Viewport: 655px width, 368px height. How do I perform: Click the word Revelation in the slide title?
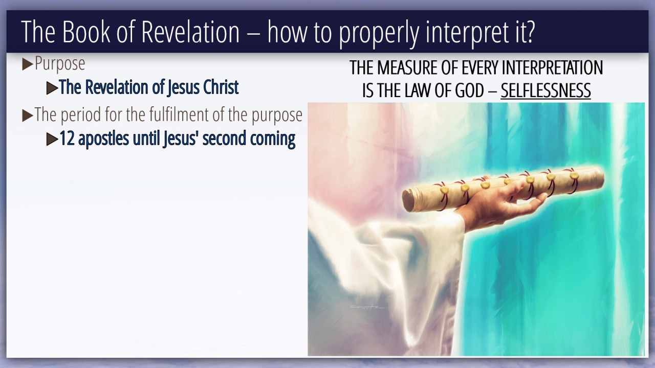[190, 32]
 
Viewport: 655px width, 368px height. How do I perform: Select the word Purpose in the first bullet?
[60, 64]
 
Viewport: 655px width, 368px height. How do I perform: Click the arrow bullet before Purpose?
[28, 64]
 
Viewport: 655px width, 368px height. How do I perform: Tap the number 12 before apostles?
[67, 139]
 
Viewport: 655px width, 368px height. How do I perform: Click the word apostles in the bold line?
[103, 139]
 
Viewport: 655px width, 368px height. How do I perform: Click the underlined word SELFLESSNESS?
[545, 90]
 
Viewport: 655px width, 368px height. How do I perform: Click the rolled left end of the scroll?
[408, 201]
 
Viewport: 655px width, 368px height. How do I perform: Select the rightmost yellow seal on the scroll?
[574, 175]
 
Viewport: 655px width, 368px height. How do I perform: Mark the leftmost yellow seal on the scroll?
[445, 190]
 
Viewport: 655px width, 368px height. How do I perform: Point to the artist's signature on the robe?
[367, 307]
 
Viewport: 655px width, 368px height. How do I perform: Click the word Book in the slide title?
[86, 32]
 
